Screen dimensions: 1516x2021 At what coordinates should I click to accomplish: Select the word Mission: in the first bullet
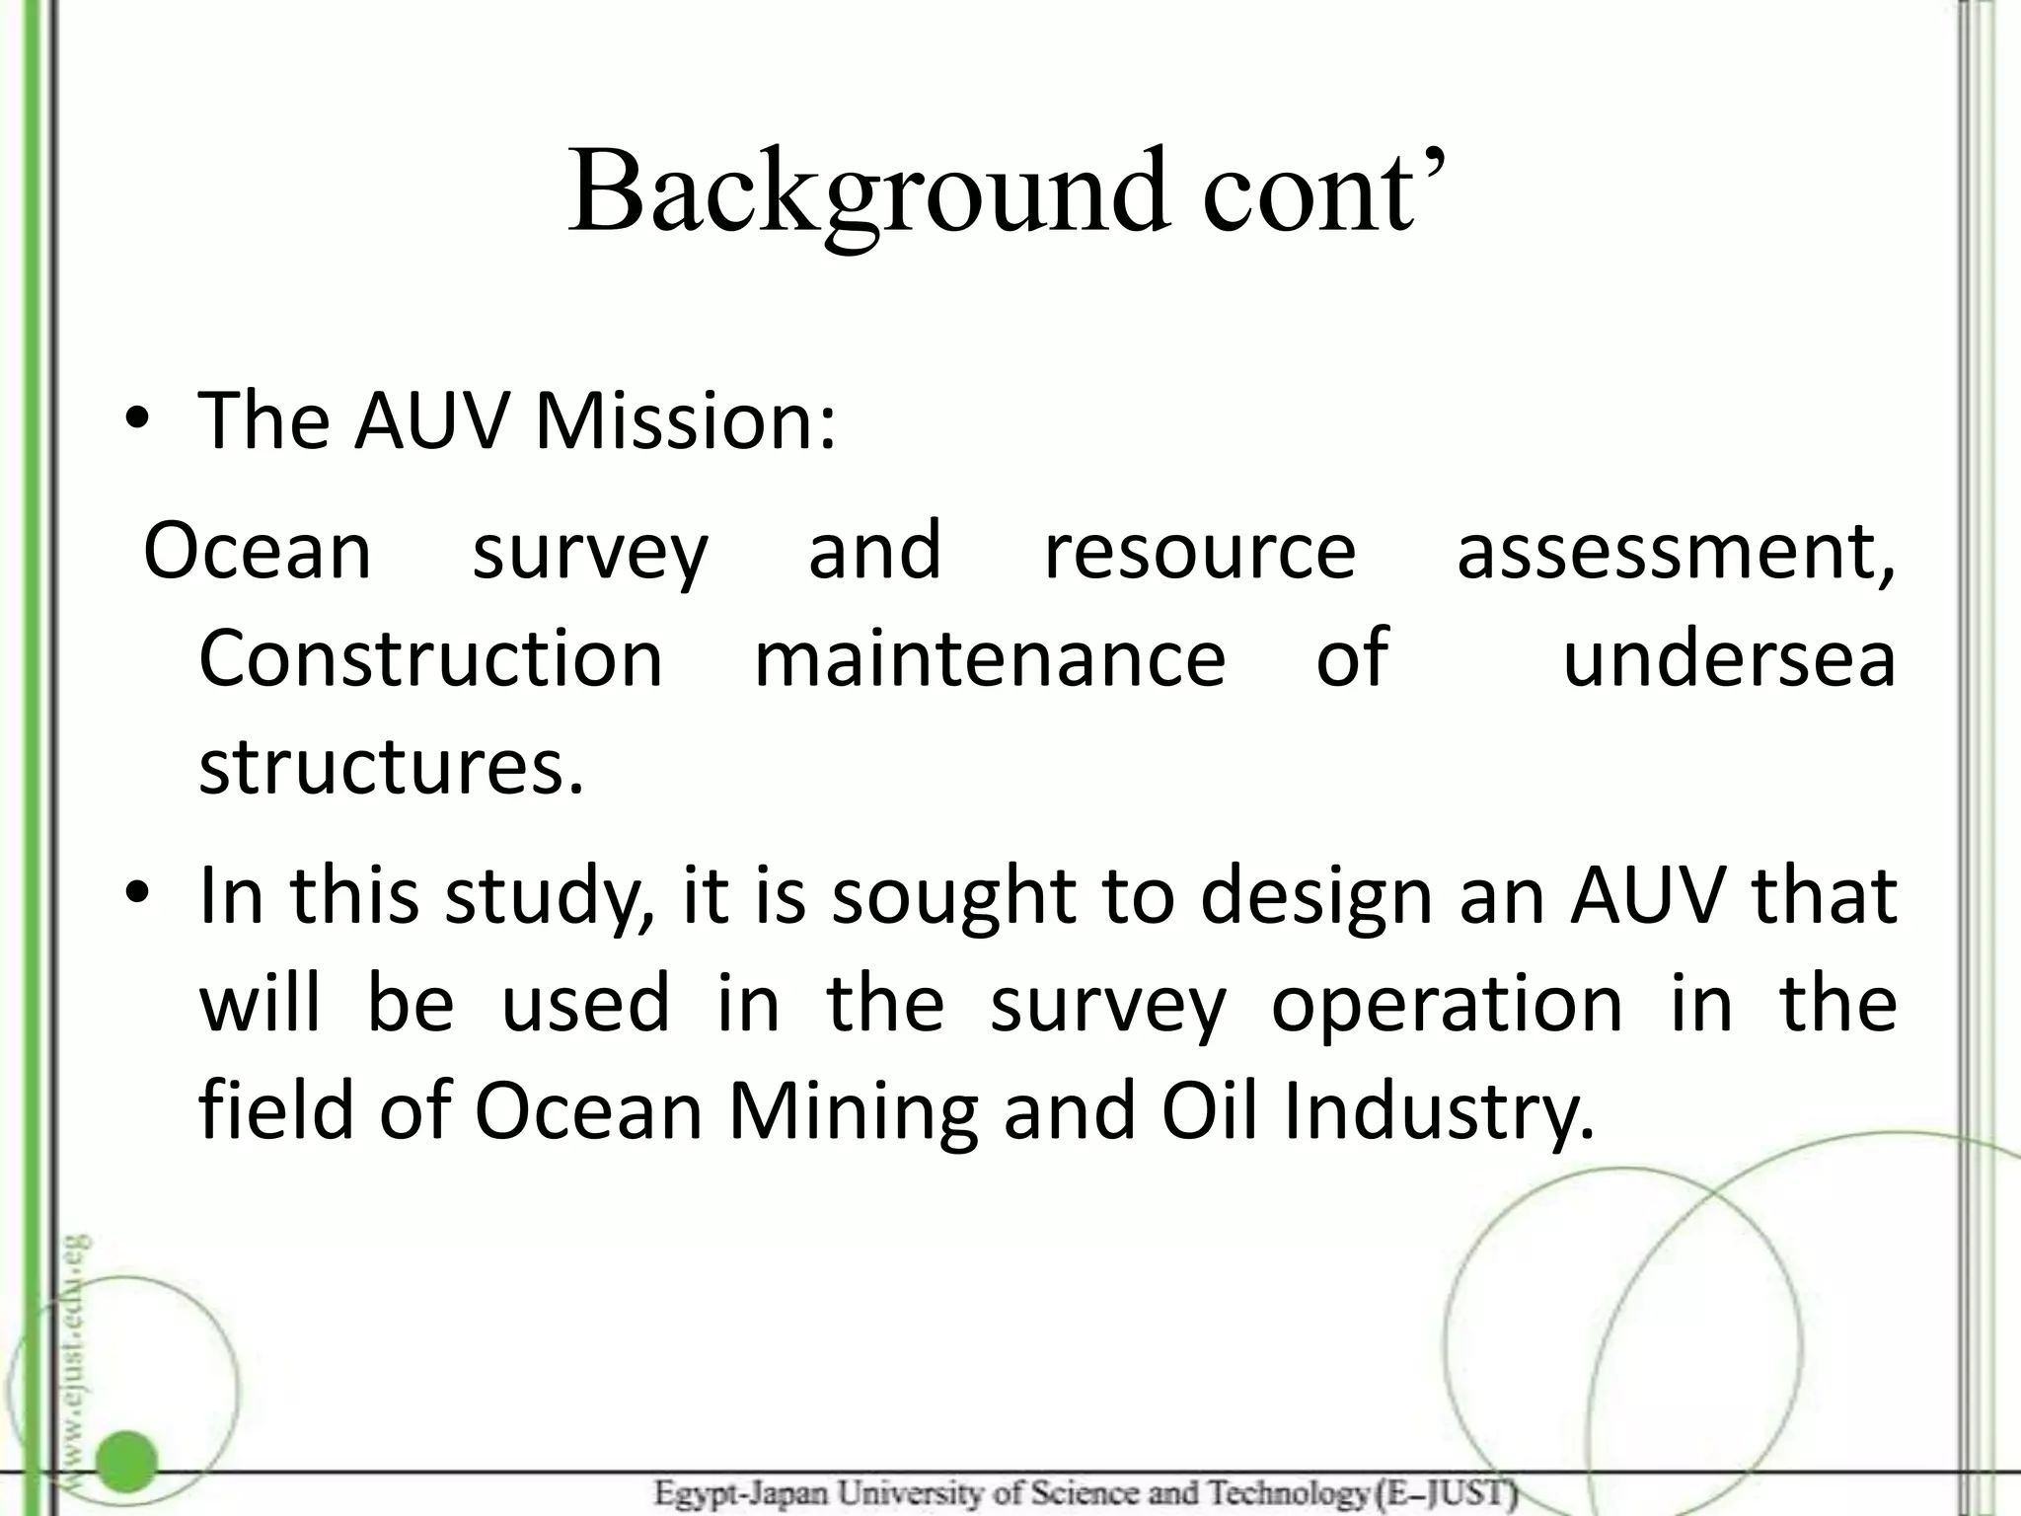[x=685, y=421]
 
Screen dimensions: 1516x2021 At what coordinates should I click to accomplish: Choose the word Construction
[x=431, y=658]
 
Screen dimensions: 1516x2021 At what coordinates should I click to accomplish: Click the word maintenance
[x=990, y=658]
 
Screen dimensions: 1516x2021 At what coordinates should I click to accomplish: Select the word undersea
[x=1729, y=658]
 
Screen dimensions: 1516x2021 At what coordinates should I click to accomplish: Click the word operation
[x=1447, y=1005]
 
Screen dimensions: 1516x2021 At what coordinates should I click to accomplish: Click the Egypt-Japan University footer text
[x=1085, y=1493]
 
